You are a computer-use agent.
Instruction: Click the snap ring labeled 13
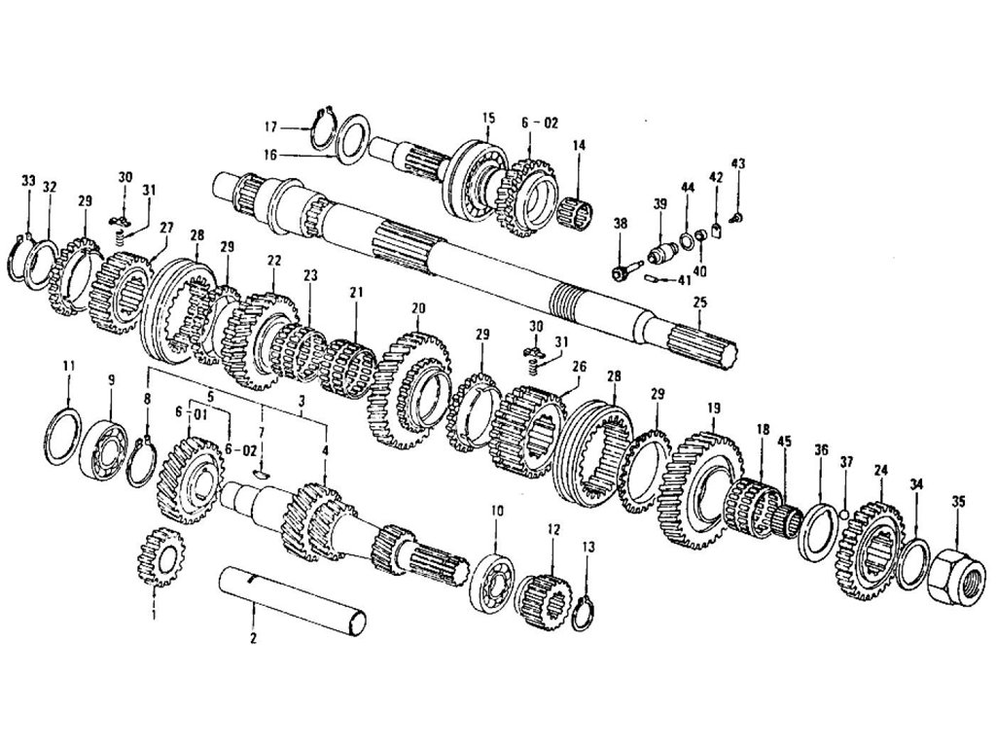point(583,614)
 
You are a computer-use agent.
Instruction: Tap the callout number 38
point(620,223)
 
